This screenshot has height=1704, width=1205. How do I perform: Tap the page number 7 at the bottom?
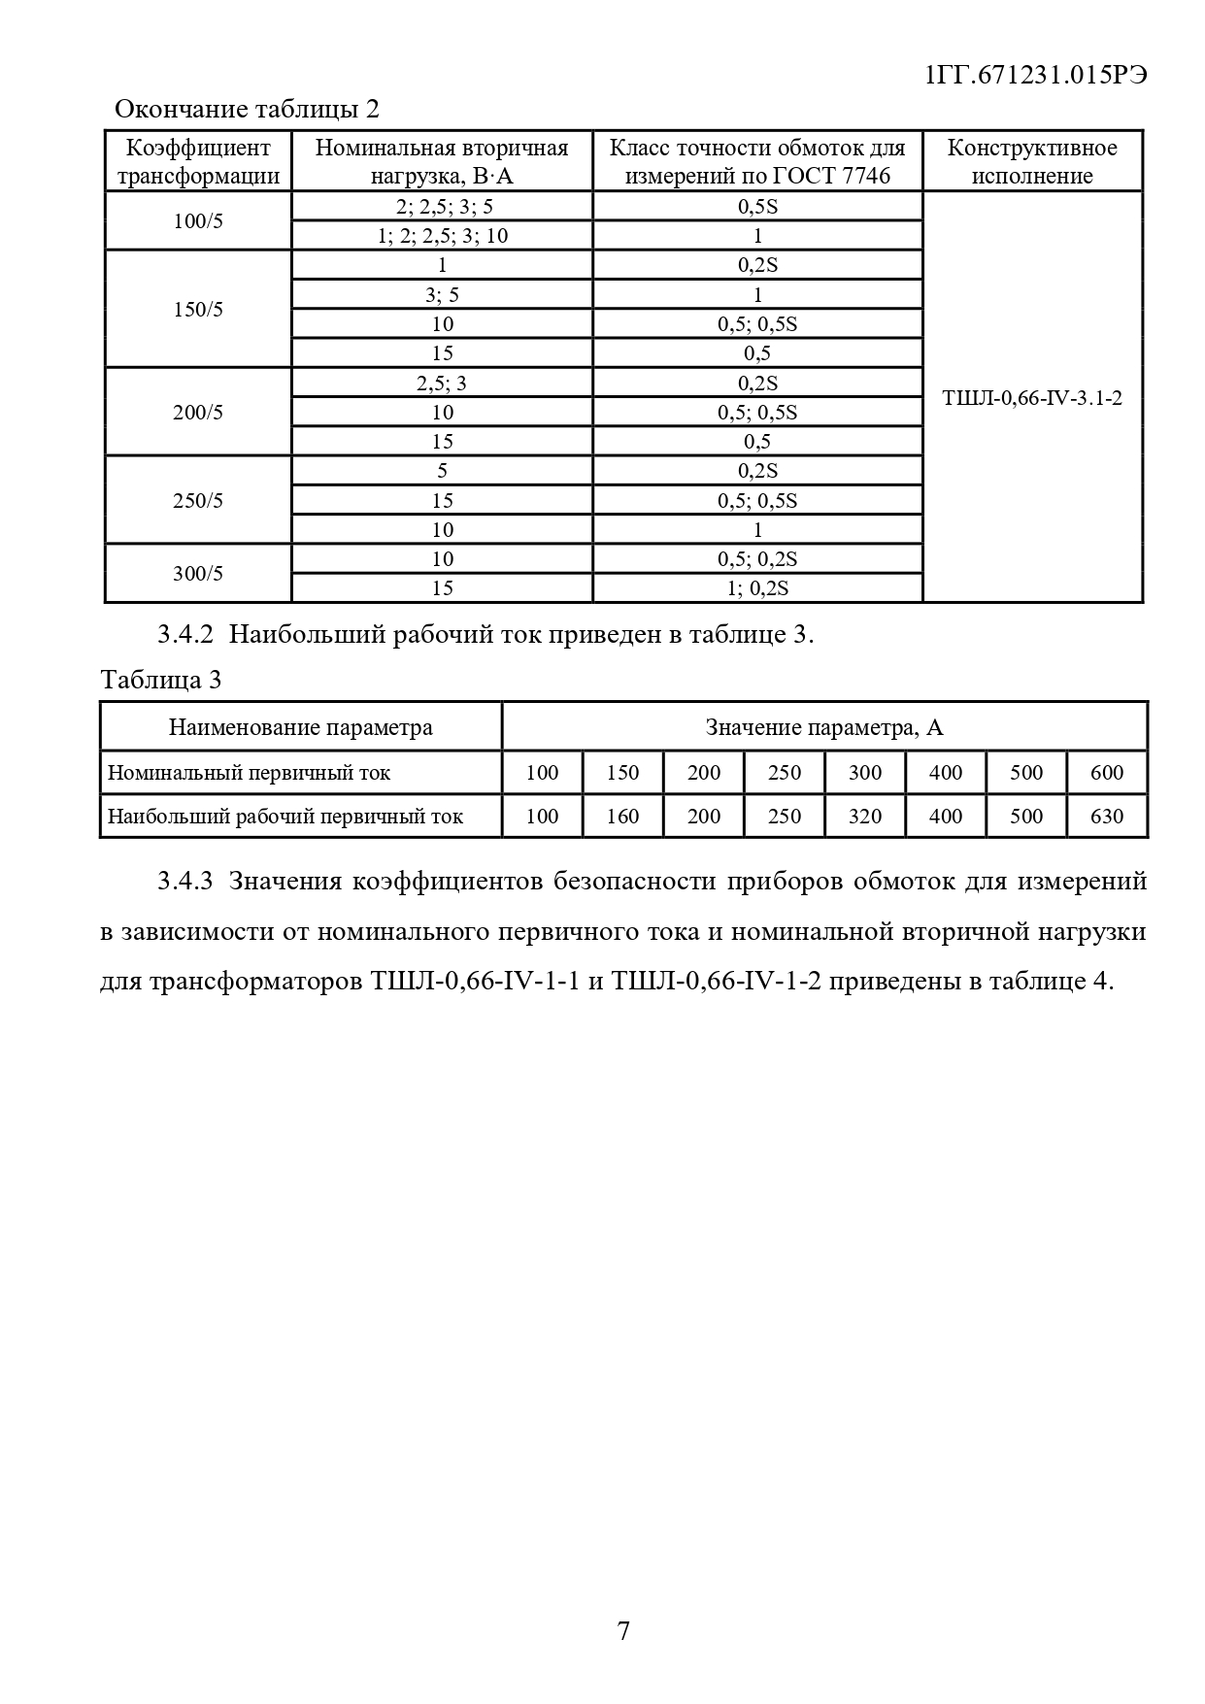[623, 1630]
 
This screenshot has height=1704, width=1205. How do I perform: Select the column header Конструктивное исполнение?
[1032, 161]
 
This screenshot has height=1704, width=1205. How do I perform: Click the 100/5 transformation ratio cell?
[198, 220]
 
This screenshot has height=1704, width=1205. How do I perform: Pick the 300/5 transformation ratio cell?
[198, 573]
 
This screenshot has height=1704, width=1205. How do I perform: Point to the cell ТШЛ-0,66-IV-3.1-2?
[1032, 397]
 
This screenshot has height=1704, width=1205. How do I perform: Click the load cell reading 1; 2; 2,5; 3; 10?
[442, 236]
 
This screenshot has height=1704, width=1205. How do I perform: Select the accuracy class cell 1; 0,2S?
[757, 588]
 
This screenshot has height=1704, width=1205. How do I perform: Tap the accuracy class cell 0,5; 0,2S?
[757, 559]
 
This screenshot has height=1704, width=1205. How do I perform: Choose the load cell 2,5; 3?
[442, 383]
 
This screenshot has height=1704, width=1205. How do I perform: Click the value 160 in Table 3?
[622, 816]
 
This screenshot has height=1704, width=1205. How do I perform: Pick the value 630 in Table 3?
[1107, 816]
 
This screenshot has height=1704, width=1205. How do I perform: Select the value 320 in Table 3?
[865, 816]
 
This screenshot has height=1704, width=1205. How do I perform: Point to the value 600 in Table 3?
[1107, 773]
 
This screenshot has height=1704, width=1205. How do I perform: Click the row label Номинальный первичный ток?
[250, 773]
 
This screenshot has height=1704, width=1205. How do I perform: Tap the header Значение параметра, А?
[824, 727]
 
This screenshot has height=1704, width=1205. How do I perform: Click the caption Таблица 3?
[161, 680]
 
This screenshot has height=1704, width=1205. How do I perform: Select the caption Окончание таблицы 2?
[247, 109]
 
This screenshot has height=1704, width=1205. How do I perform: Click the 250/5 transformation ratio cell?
[198, 500]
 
